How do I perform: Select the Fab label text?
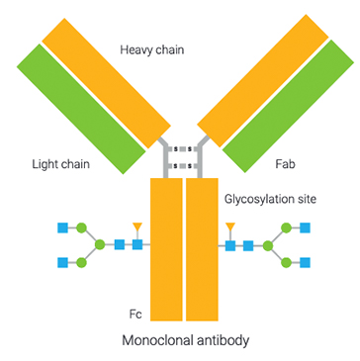pyautogui.click(x=287, y=163)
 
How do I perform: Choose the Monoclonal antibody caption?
pyautogui.click(x=185, y=341)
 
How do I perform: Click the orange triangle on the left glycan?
pyautogui.click(x=137, y=228)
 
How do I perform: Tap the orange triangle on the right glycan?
pyautogui.click(x=230, y=228)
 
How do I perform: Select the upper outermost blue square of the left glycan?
pyautogui.click(x=64, y=227)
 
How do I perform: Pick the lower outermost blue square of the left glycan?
pyautogui.click(x=64, y=262)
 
